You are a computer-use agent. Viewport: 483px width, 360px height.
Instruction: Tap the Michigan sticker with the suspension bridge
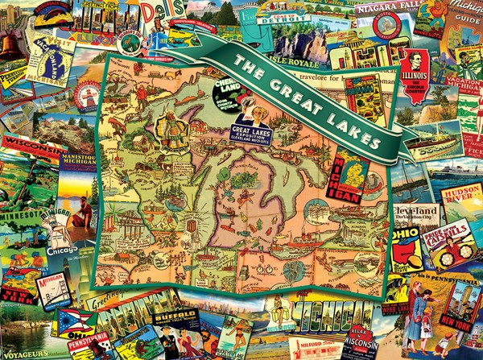(x=52, y=288)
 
